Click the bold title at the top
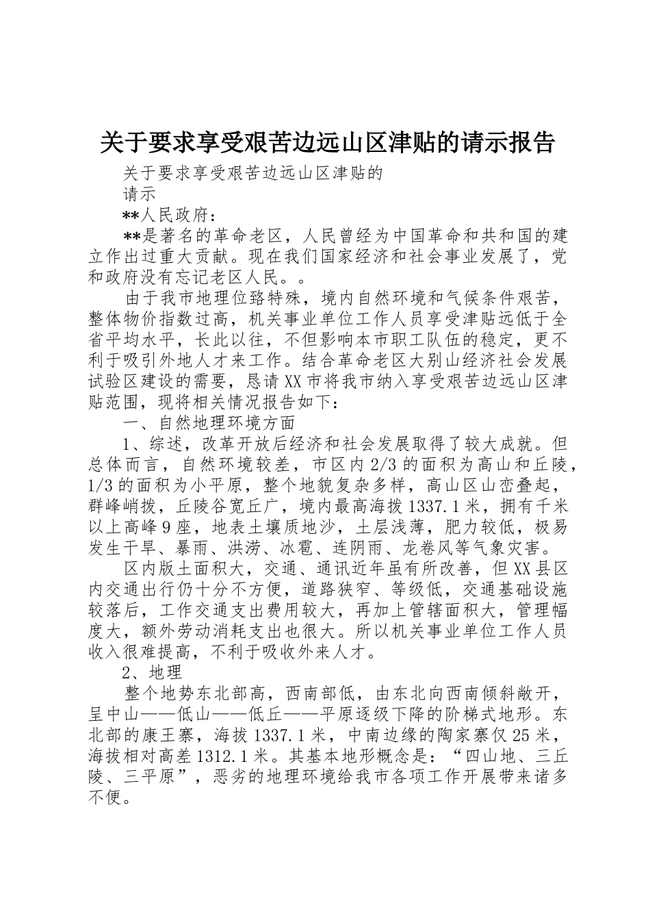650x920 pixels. coord(327,143)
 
